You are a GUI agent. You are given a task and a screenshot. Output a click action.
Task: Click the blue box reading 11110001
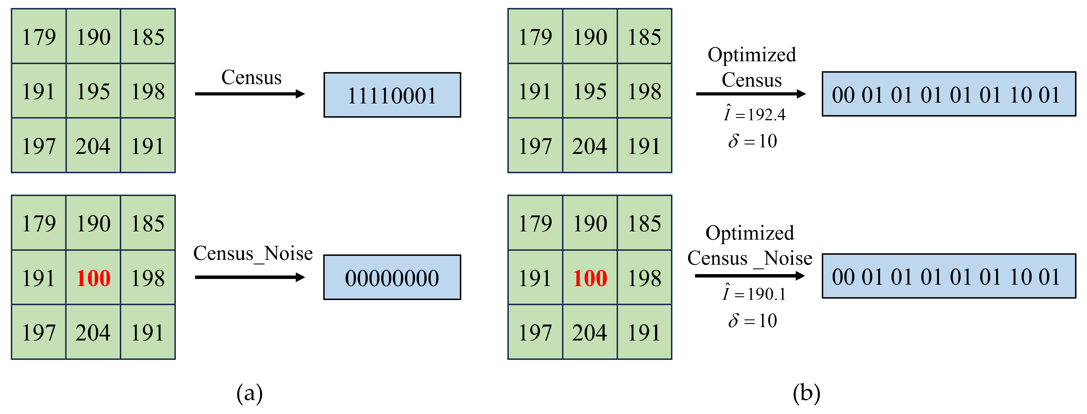(x=392, y=95)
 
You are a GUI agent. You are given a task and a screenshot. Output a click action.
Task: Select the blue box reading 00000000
(x=392, y=278)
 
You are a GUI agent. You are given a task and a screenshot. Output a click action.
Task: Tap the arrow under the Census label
(x=250, y=94)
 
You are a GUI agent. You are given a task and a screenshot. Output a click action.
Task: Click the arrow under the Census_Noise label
(x=250, y=277)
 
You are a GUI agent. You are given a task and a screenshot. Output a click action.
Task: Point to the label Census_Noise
(x=253, y=254)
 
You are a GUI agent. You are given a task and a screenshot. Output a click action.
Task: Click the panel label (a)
(x=249, y=393)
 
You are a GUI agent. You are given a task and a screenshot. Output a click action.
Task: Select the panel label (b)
(x=806, y=393)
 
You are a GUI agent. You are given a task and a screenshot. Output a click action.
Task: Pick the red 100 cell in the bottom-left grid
(x=93, y=278)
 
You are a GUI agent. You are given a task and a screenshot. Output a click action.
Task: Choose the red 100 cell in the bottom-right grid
(x=590, y=278)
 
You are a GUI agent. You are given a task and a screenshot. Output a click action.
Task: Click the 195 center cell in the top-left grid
(x=93, y=91)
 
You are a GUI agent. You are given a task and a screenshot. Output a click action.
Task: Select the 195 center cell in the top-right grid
(x=590, y=91)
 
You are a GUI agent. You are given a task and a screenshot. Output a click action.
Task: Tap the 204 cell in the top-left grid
(x=93, y=146)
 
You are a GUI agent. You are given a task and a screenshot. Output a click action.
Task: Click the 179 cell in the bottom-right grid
(x=535, y=223)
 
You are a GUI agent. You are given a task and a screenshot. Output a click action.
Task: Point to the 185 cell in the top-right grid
(x=644, y=36)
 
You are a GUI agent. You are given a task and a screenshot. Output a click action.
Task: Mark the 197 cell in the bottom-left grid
(x=39, y=333)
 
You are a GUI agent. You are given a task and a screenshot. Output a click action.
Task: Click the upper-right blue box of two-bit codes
(x=949, y=94)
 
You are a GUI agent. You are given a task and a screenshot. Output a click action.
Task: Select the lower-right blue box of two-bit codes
(x=949, y=276)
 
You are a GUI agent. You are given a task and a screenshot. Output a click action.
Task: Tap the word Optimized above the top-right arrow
(x=752, y=55)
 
